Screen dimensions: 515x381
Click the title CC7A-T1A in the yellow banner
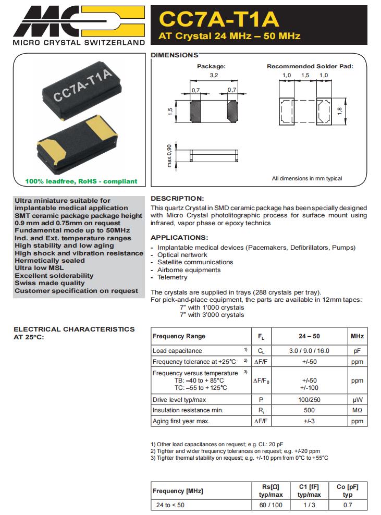point(219,19)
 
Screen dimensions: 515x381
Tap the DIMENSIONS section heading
point(174,55)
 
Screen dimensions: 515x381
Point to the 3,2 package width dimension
point(213,76)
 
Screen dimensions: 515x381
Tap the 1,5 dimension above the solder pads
point(305,76)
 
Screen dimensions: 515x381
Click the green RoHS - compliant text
point(81,181)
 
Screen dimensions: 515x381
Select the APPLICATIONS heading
point(179,238)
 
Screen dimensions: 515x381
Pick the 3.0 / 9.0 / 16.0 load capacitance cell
point(309,351)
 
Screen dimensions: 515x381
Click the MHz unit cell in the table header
point(357,336)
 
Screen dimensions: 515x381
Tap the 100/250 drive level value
point(309,400)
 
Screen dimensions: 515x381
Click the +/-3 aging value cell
point(309,421)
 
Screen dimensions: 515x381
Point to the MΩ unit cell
point(357,410)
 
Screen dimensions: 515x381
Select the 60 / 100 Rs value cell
point(271,505)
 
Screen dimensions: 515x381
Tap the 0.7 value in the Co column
point(348,505)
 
